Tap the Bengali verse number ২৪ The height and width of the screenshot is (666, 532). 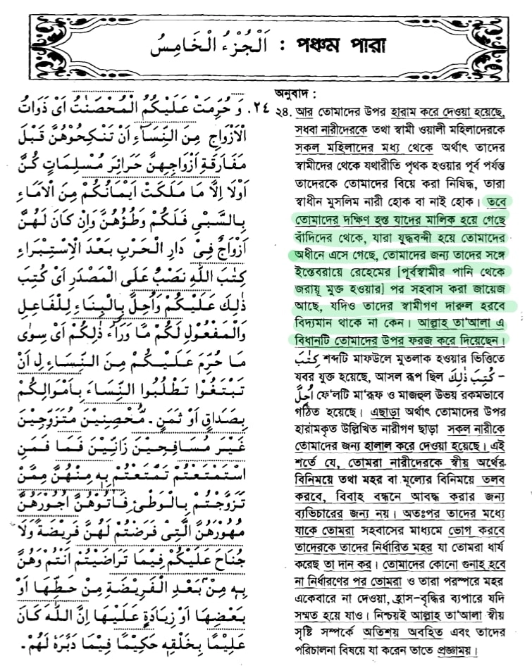pos(284,111)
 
